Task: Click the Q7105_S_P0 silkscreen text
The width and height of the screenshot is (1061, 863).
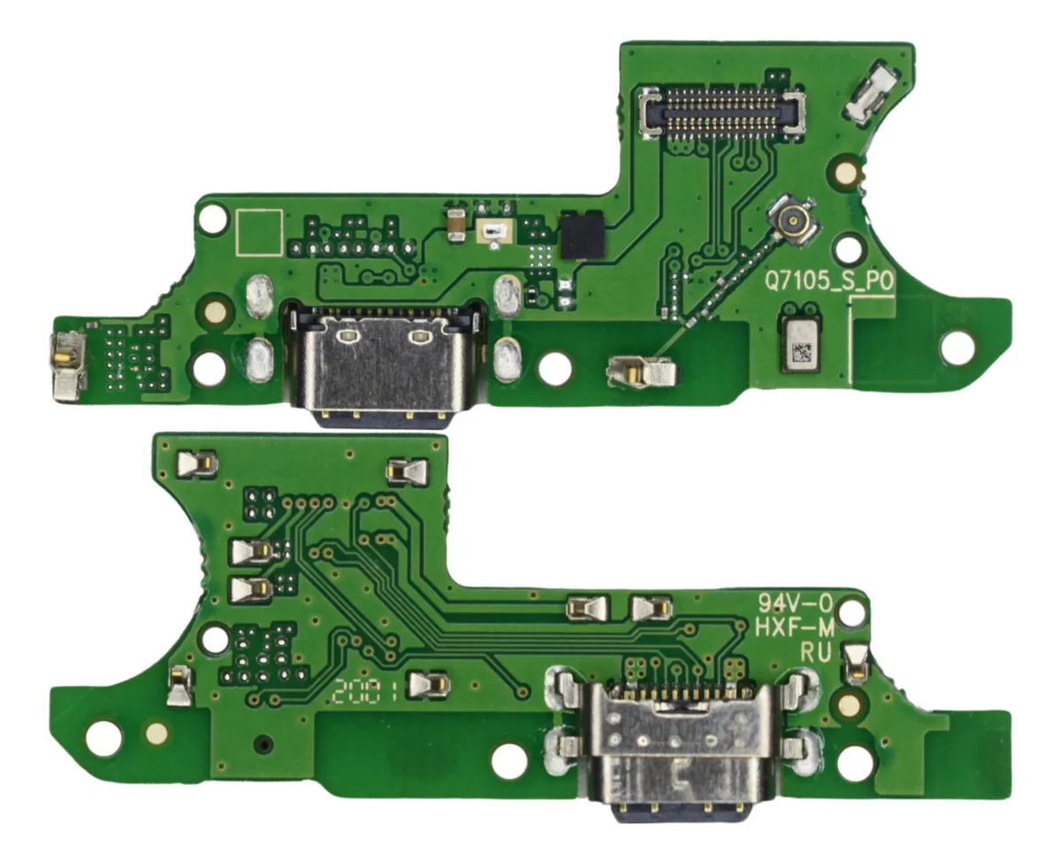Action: [x=828, y=282]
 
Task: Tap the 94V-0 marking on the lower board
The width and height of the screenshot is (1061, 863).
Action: [x=795, y=604]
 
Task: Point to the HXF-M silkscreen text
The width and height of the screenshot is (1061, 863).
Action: [x=795, y=629]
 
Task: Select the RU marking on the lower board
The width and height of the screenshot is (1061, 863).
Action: [x=816, y=653]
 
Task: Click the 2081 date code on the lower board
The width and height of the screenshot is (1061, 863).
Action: [x=366, y=691]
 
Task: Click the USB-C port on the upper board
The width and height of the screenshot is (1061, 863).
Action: [x=384, y=363]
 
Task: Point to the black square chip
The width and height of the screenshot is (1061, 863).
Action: [x=582, y=234]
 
